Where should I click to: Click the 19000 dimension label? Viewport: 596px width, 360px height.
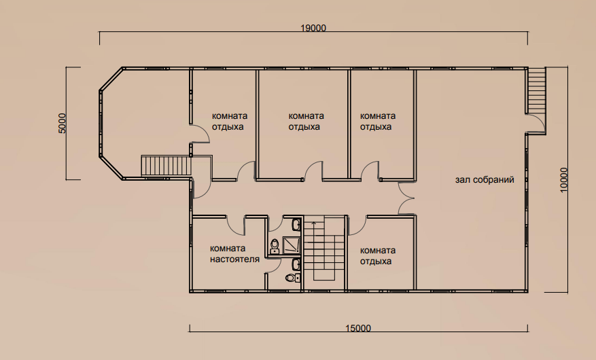click(313, 28)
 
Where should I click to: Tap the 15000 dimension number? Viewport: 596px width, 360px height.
click(358, 327)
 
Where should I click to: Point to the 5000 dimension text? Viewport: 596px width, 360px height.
click(63, 123)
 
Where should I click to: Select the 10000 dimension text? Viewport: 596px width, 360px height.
click(563, 179)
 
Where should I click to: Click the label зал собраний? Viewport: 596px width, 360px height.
click(485, 179)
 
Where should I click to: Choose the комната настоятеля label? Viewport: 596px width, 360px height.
click(234, 253)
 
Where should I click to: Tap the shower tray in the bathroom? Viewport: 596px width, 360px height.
click(291, 245)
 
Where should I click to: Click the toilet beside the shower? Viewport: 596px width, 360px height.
click(274, 246)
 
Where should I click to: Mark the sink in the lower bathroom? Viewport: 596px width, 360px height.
click(296, 264)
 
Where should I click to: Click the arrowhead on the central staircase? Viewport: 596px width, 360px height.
click(313, 223)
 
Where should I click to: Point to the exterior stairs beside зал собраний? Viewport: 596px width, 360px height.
click(536, 90)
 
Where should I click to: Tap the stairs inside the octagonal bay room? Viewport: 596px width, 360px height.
click(166, 166)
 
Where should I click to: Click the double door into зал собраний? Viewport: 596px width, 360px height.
click(406, 198)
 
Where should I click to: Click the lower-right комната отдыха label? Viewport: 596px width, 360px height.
click(377, 255)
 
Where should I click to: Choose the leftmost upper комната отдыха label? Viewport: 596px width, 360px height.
click(229, 121)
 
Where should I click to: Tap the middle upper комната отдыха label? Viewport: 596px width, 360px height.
click(306, 121)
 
